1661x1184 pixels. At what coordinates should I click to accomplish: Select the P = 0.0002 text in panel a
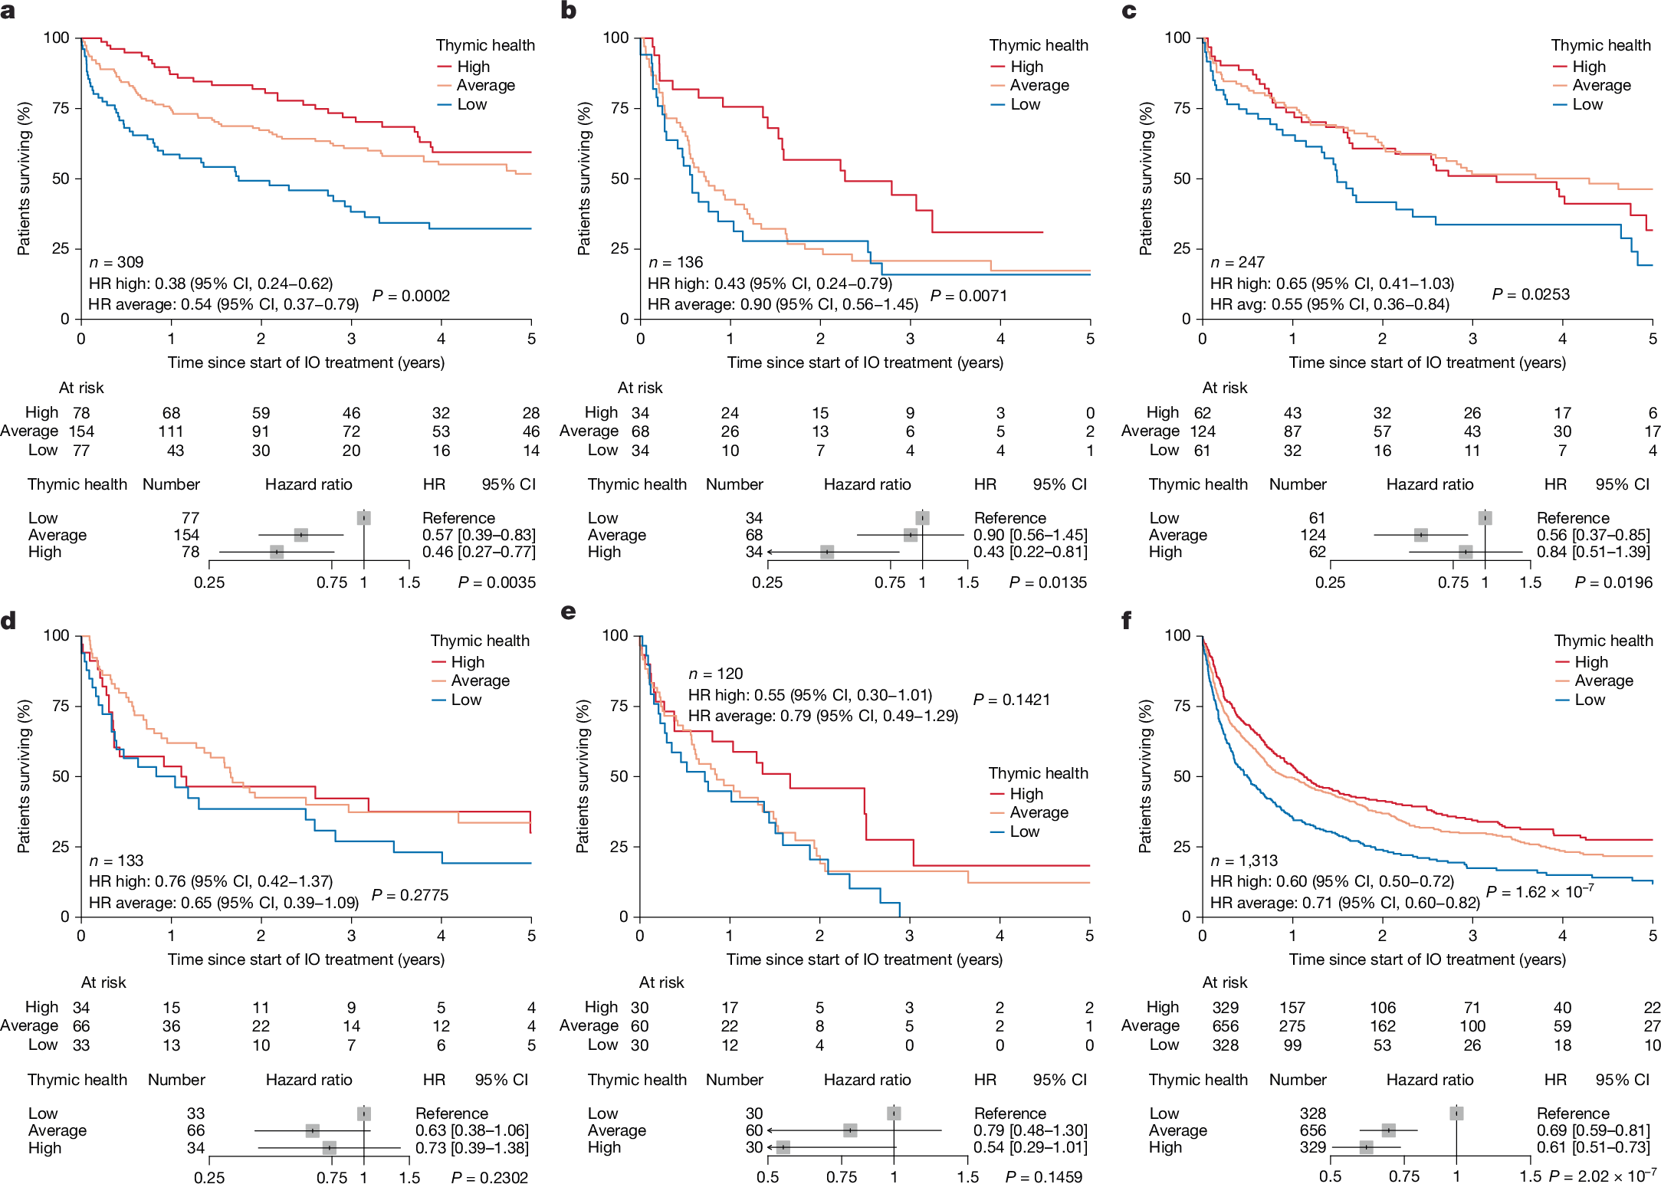point(411,296)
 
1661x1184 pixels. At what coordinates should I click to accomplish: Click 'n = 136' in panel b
point(675,262)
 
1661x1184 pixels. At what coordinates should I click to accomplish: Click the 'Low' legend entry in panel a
point(471,104)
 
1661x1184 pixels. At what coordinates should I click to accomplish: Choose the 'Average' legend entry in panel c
point(1601,85)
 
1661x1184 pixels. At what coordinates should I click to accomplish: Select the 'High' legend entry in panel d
point(467,662)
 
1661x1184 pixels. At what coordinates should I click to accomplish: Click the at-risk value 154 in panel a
point(81,431)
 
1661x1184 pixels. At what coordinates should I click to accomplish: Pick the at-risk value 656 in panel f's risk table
point(1225,1026)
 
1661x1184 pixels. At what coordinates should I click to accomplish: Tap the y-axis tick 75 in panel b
point(619,108)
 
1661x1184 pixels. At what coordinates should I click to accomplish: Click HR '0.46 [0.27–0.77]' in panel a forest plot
point(478,552)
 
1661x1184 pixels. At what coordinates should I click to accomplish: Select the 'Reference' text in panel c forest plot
point(1572,518)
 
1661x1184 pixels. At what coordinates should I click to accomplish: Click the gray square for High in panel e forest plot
point(783,1147)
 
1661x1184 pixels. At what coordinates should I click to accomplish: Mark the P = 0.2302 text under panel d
point(489,1177)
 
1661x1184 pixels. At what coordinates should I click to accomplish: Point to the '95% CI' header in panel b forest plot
point(1059,484)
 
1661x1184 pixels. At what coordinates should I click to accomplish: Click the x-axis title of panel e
point(864,959)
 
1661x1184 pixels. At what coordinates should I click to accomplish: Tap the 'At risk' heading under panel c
point(1224,388)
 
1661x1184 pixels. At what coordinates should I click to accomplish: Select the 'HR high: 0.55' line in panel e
point(809,695)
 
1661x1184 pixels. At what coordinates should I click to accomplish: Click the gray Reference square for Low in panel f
point(1456,1113)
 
